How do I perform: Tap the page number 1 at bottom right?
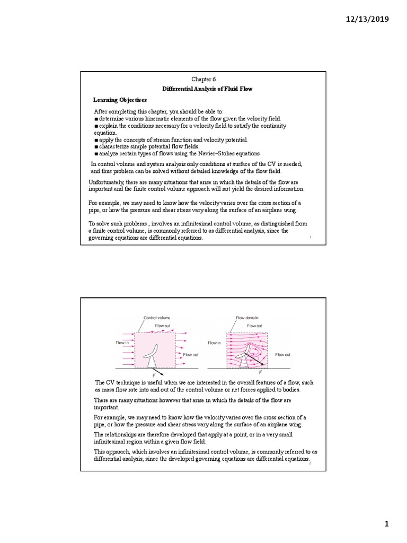[387, 524]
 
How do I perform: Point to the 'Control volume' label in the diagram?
[157, 318]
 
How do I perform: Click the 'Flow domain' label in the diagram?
[247, 318]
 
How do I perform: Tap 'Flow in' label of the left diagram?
[122, 343]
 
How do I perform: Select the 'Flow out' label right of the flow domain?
[283, 354]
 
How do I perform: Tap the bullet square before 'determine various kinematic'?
[96, 119]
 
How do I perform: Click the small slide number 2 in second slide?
[309, 463]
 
